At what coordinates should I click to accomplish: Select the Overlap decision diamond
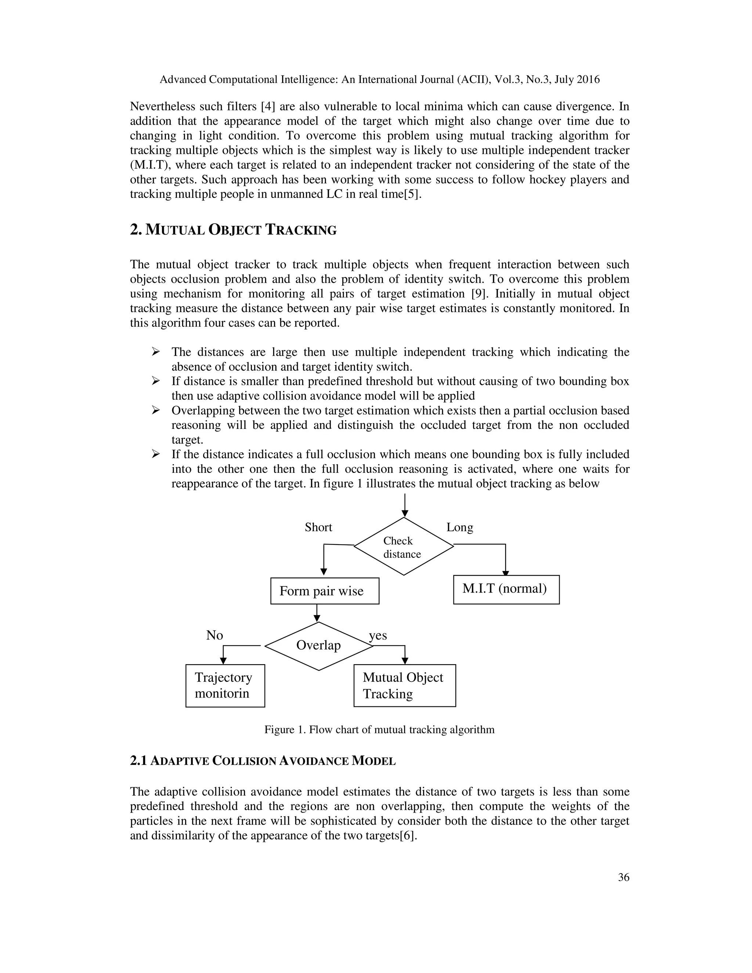pos(318,645)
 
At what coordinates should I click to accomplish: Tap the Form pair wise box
pos(325,591)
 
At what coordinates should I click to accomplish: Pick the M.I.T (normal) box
pos(506,589)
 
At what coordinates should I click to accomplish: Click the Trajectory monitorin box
pos(225,686)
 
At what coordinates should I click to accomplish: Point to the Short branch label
pos(318,528)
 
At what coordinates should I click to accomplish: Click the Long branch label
pos(460,528)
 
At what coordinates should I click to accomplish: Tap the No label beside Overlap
pos(214,635)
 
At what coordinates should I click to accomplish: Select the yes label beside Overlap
pos(378,635)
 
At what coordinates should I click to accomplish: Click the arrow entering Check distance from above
pos(405,505)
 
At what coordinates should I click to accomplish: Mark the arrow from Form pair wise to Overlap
pos(317,613)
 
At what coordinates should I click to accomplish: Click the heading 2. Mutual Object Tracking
pos(233,230)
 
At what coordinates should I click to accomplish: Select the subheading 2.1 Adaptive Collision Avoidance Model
pos(263,760)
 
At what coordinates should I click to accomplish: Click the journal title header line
pos(380,80)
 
